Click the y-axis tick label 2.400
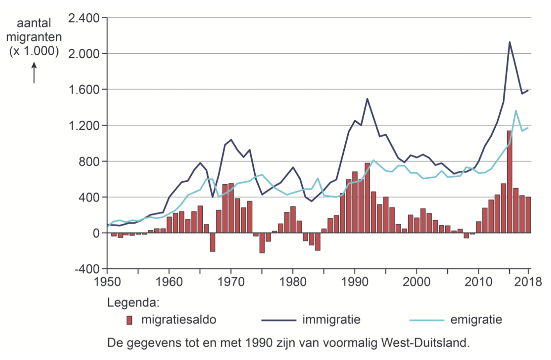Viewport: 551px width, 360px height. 84,18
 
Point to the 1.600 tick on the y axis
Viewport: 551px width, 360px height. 84,90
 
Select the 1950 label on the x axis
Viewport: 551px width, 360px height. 107,282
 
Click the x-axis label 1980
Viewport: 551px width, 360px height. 293,282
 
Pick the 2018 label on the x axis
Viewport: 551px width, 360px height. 528,282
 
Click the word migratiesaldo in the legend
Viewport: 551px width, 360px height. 178,320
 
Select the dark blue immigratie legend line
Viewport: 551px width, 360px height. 279,320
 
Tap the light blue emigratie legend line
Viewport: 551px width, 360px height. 427,320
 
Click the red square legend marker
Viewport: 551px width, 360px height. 129,320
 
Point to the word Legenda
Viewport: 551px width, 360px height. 133,302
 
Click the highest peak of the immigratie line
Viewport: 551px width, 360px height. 509,42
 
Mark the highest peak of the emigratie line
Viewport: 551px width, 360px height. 516,111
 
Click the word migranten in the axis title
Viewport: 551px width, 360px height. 34,37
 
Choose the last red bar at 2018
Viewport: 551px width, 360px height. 528,215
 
